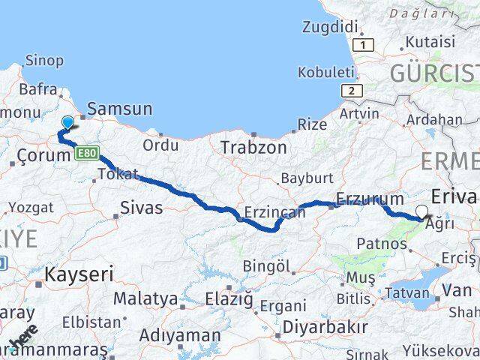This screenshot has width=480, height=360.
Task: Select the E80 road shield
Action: [x=85, y=154]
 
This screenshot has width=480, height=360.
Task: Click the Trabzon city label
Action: [x=253, y=148]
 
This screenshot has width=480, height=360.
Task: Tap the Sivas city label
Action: [x=141, y=207]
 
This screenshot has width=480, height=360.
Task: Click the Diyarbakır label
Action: [x=325, y=327]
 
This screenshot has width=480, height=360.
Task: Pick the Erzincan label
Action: [x=275, y=212]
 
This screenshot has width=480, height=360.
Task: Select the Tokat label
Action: [x=118, y=175]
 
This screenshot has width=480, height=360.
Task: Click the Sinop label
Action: [x=44, y=61]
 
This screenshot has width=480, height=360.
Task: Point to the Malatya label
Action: [x=145, y=299]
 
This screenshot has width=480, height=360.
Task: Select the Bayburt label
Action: [x=306, y=179]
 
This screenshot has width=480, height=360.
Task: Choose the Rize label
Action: [x=312, y=124]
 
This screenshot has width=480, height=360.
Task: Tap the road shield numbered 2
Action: [x=350, y=91]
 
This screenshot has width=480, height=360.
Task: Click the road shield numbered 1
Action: [x=364, y=45]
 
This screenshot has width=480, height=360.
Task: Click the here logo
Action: [x=25, y=337]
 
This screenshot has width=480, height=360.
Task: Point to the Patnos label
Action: [x=382, y=243]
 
